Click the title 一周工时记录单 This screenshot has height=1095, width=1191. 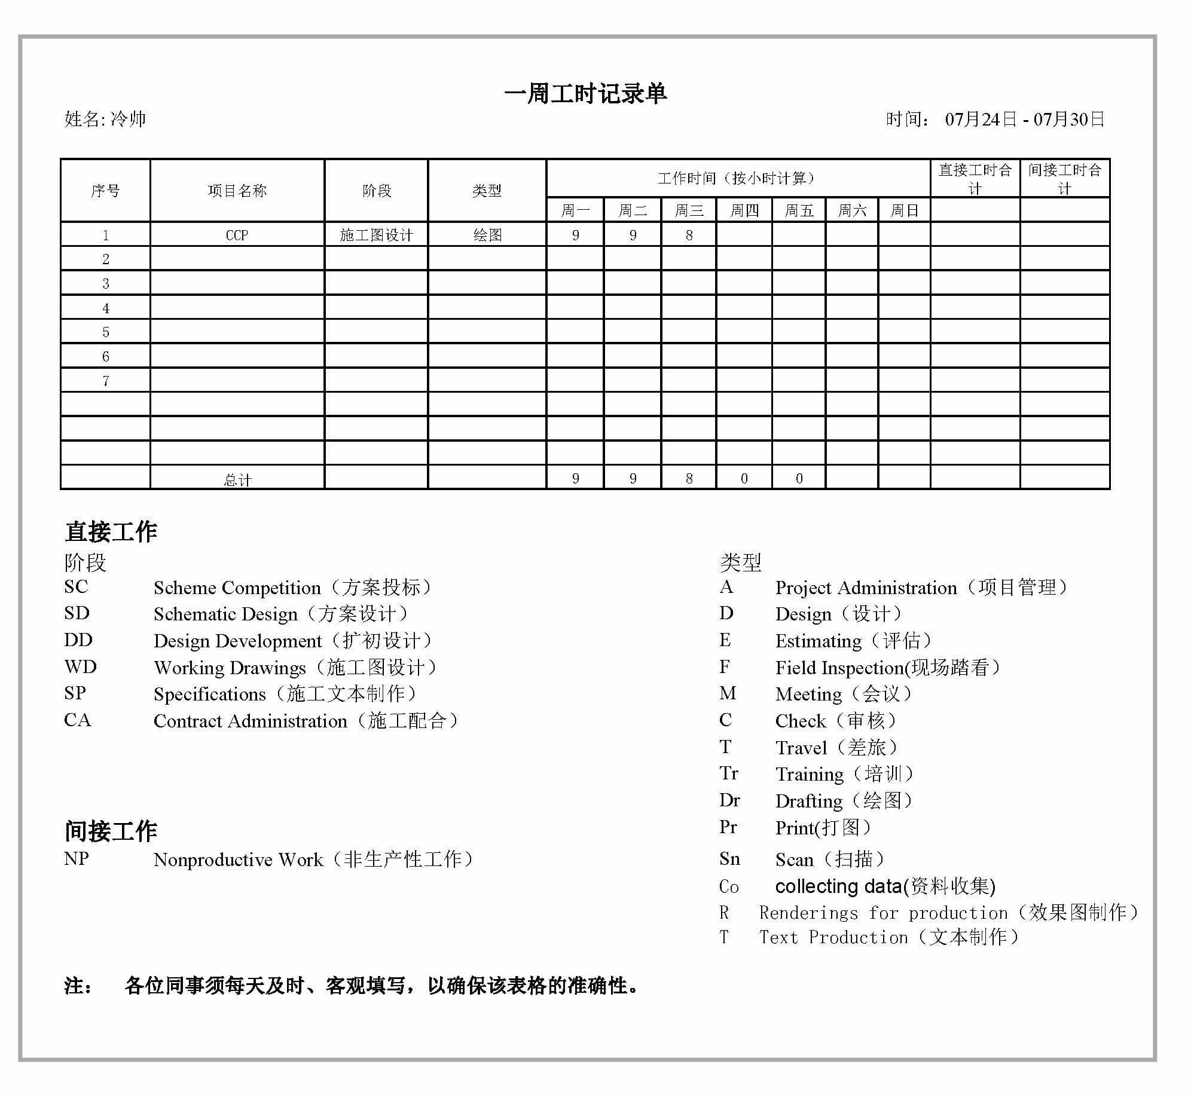585,94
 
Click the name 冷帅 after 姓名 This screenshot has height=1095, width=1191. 129,119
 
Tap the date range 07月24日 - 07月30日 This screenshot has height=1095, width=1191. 1024,119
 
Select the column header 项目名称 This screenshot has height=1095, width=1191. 237,191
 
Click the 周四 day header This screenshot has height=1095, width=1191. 744,210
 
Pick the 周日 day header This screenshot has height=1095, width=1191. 904,210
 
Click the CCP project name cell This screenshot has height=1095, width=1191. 237,235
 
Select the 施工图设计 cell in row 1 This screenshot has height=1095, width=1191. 376,235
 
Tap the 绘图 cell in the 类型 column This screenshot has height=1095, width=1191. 487,235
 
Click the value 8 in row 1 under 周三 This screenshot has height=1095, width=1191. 689,235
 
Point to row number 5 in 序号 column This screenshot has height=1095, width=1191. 106,332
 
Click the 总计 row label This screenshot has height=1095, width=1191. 237,479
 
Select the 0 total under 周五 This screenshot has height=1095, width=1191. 799,478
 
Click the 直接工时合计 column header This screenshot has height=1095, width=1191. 975,179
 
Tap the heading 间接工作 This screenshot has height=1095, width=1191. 111,830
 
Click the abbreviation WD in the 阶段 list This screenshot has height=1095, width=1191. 80,666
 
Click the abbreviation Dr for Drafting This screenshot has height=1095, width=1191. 729,800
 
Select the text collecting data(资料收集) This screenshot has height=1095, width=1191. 885,886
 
